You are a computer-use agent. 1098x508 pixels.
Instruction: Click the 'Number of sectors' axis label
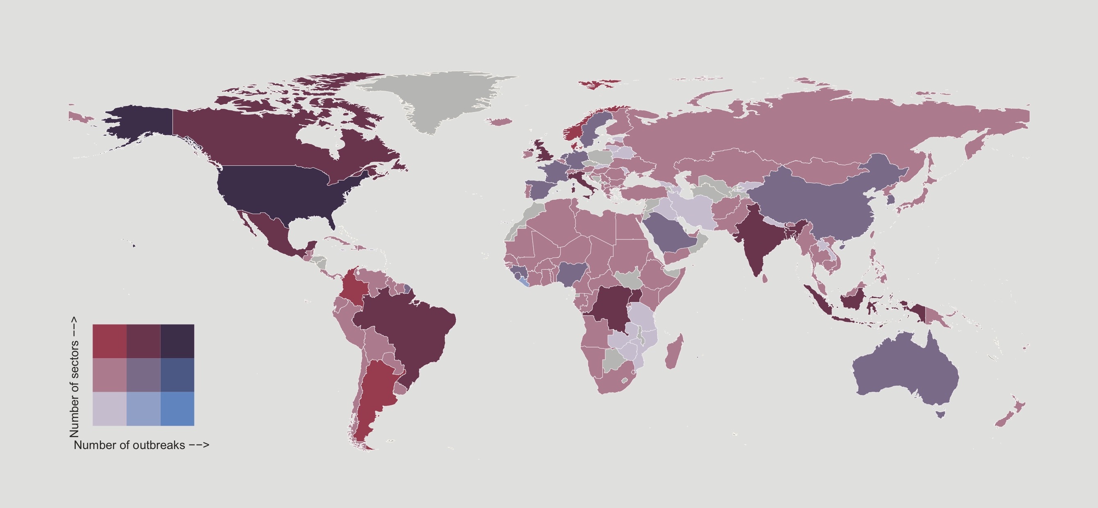tap(75, 377)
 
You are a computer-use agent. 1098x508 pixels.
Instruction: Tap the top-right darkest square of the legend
tap(177, 341)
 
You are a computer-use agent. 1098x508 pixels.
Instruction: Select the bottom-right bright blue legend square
tap(177, 409)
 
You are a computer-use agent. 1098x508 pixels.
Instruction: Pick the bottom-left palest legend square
tap(109, 409)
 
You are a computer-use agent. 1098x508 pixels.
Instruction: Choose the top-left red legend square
tap(109, 341)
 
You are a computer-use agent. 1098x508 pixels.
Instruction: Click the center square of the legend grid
tap(144, 375)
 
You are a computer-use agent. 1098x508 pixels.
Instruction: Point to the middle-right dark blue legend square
tap(177, 375)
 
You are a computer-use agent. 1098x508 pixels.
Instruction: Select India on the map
tap(756, 239)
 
